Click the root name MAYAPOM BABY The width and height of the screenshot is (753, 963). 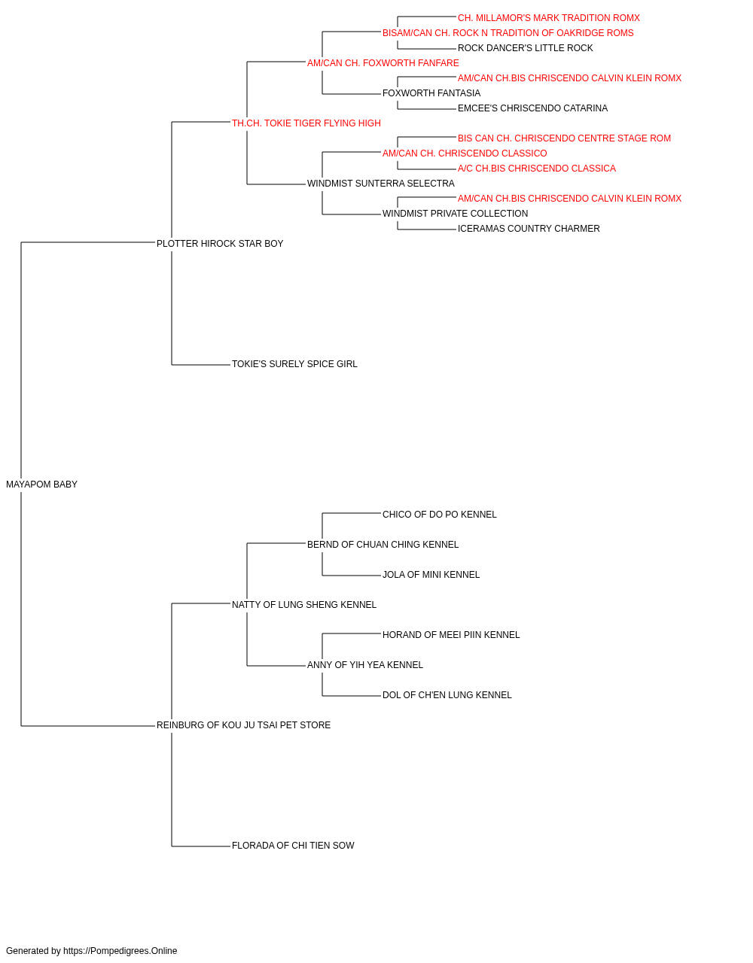(41, 485)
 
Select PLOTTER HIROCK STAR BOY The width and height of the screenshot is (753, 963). (220, 244)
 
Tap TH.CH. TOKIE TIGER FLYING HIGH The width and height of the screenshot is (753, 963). (306, 123)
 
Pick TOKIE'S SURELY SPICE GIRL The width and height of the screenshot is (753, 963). (294, 364)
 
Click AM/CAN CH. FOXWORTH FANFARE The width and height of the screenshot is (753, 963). (383, 63)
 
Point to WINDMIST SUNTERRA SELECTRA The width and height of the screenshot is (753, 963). (380, 184)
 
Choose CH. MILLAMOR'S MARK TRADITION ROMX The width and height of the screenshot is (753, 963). (549, 18)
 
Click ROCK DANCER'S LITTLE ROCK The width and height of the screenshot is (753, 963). (525, 48)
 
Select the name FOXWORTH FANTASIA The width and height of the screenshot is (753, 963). (431, 93)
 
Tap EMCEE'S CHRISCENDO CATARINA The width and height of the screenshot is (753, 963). (532, 108)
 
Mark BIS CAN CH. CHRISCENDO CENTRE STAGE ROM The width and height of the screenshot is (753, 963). (564, 138)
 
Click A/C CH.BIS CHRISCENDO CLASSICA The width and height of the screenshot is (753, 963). (537, 169)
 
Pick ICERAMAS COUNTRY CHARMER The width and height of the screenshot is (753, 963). (529, 229)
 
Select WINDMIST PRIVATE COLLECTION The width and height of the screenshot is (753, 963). (455, 214)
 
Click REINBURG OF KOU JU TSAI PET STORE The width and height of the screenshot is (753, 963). (243, 725)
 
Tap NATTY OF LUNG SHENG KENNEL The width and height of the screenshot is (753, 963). (303, 605)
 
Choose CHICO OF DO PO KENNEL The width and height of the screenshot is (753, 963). (440, 515)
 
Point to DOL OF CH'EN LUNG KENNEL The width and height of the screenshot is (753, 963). (447, 695)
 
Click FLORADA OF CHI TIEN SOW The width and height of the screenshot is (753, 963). (293, 846)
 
